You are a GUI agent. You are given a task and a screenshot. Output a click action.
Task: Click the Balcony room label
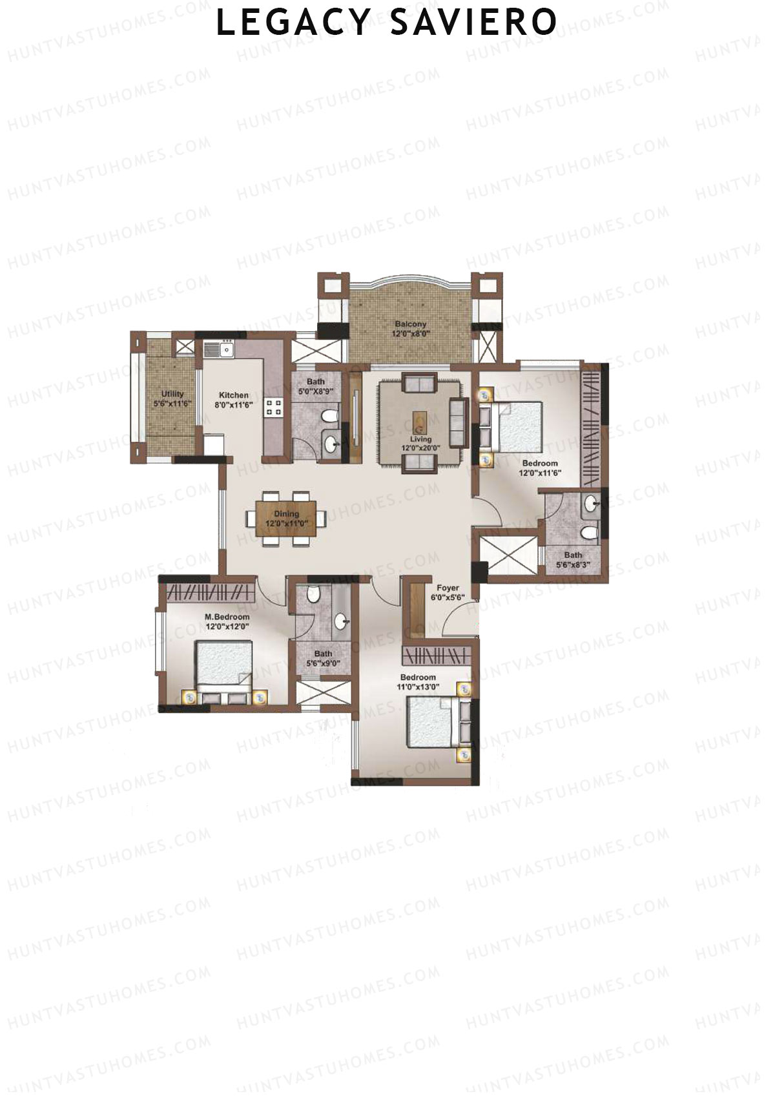411,324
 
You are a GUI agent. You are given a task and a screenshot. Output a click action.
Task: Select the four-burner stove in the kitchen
274,407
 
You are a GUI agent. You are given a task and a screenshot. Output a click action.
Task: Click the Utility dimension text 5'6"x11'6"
172,403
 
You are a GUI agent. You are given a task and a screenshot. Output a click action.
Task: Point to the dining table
286,519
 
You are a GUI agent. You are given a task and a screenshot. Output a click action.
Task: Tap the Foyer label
448,588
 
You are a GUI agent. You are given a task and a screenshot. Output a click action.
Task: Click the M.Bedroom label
227,617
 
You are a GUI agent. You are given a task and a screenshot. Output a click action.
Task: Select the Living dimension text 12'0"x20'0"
420,447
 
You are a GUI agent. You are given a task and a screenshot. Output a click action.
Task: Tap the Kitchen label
234,395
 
